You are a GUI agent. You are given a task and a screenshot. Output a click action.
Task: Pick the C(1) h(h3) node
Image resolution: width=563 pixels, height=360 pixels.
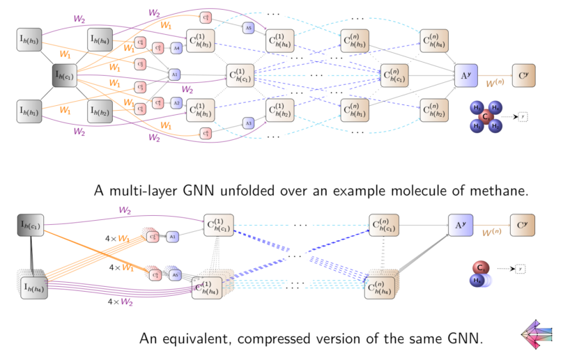click(x=201, y=40)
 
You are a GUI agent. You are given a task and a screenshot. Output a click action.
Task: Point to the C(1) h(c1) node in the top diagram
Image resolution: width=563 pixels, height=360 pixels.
click(x=241, y=75)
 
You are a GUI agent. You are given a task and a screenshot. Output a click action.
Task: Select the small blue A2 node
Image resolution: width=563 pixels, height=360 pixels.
click(x=176, y=102)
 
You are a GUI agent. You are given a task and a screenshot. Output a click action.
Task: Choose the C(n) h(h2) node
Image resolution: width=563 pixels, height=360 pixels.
click(x=433, y=109)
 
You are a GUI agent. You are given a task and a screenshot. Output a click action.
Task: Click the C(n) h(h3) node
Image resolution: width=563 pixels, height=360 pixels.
click(x=355, y=40)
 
